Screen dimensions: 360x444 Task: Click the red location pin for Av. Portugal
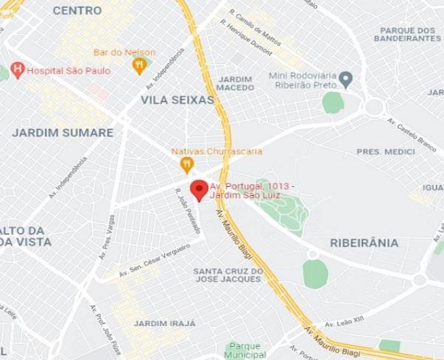coord(199,190)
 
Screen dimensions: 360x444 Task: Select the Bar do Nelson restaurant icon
coord(139,66)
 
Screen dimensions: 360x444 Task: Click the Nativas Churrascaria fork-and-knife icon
coord(188,165)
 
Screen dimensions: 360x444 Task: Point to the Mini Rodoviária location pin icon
coord(345,78)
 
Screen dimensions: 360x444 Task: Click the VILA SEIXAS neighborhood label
coord(177,99)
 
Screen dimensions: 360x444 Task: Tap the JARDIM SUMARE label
coord(63,133)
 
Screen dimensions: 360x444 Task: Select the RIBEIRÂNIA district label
coord(364,242)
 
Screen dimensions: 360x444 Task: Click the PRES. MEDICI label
coord(386,152)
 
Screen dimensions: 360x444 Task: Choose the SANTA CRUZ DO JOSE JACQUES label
coord(228,275)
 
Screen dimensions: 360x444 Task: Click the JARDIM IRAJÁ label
coord(165,323)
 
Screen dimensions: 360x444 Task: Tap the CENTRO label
coord(77,10)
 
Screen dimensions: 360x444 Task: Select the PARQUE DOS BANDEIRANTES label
coord(406,34)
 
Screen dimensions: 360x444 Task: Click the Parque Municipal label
coord(246,350)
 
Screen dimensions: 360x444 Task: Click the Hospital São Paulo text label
coord(68,71)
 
